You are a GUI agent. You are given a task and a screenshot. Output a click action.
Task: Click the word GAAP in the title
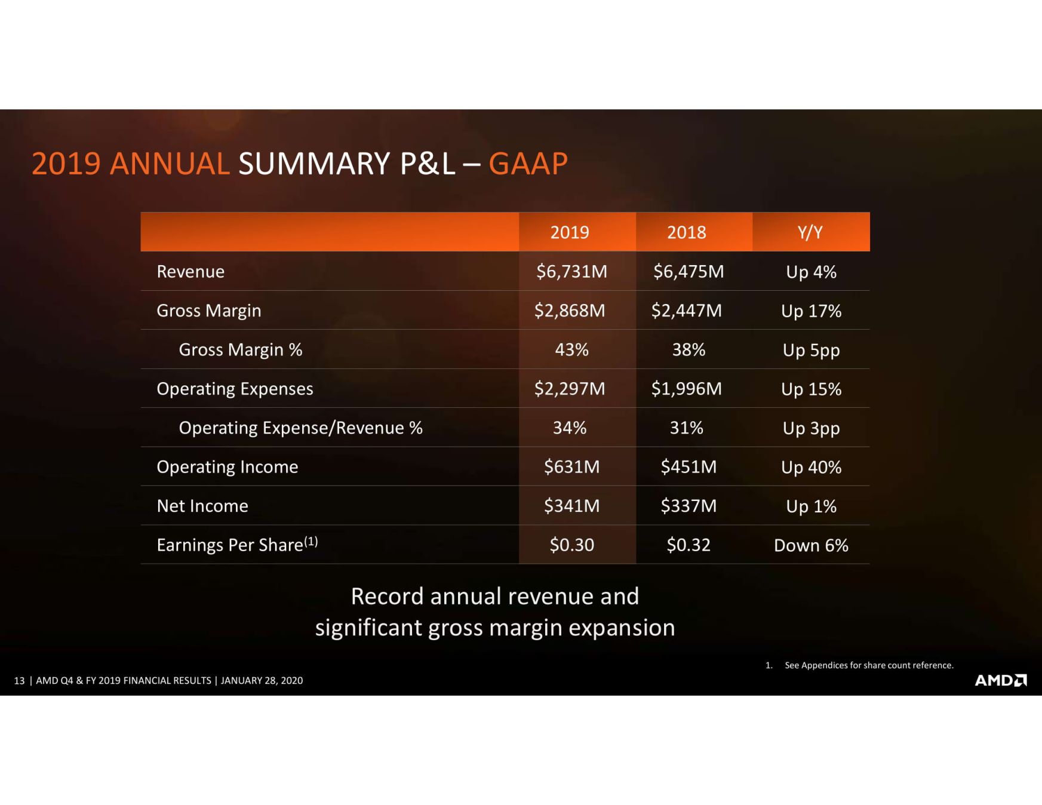click(528, 164)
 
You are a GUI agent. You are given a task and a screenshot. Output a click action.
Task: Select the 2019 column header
click(570, 232)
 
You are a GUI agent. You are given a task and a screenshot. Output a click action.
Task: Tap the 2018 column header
click(686, 232)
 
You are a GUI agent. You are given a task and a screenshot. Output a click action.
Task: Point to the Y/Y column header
click(810, 232)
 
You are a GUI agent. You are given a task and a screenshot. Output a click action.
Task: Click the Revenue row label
click(190, 272)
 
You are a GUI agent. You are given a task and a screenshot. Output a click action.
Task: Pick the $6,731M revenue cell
click(571, 272)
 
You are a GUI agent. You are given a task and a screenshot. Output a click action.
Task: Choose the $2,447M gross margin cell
click(687, 311)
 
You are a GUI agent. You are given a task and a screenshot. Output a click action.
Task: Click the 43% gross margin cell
click(571, 349)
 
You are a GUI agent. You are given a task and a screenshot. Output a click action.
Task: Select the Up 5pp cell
click(811, 350)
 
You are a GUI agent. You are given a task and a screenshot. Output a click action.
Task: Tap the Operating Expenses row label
click(235, 389)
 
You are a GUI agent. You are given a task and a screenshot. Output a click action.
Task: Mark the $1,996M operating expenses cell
click(687, 389)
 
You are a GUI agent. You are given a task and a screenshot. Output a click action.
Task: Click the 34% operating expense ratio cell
click(570, 428)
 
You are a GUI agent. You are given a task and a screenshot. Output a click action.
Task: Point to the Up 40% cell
click(811, 467)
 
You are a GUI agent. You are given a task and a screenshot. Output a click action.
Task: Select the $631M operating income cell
click(571, 466)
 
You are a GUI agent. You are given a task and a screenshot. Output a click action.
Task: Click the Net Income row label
click(202, 506)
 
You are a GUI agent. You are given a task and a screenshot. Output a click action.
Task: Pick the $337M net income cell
click(688, 506)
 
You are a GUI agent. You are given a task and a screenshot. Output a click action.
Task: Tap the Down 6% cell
click(811, 545)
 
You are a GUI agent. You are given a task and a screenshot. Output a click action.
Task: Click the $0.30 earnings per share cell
click(571, 545)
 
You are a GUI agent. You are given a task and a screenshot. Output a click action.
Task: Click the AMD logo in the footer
click(1001, 680)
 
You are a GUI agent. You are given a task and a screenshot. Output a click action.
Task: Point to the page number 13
click(19, 681)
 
